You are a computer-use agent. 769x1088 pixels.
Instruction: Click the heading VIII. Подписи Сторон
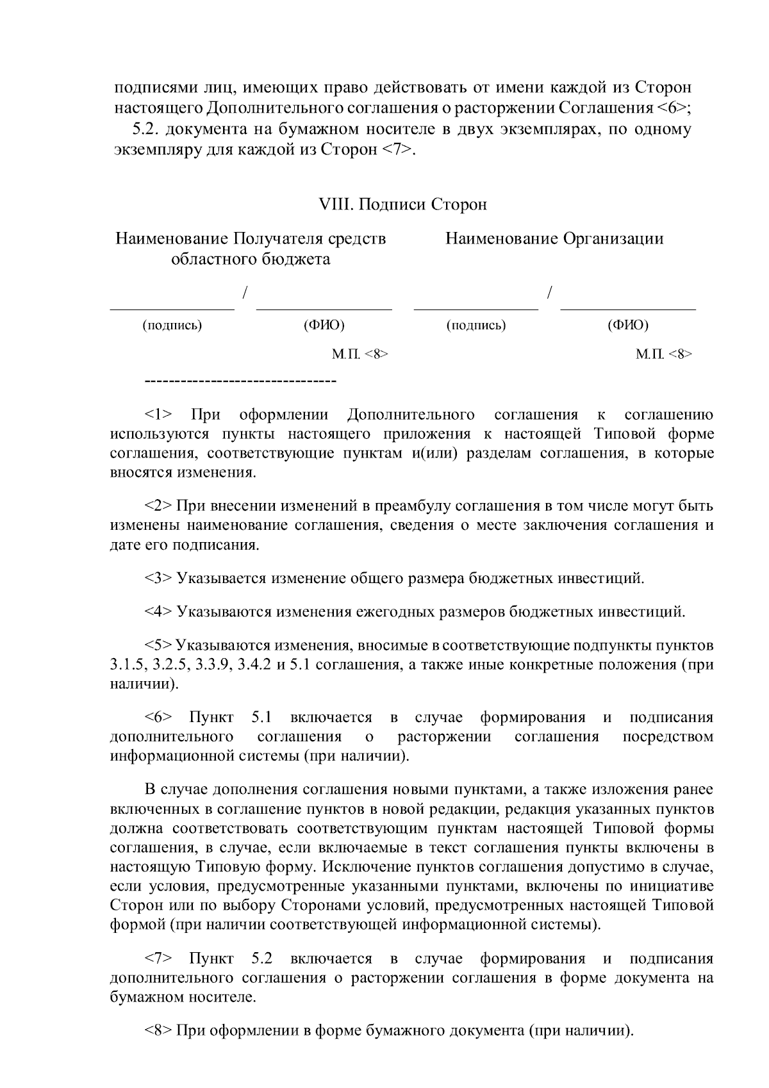(402, 205)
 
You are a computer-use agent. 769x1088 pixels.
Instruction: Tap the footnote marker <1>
(158, 415)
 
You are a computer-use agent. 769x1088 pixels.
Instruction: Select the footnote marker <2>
(158, 506)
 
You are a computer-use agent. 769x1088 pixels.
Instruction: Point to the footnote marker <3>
(158, 579)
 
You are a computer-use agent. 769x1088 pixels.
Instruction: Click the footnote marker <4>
(158, 611)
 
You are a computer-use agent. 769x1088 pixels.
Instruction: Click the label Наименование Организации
(554, 239)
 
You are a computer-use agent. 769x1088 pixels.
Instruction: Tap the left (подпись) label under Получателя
(172, 326)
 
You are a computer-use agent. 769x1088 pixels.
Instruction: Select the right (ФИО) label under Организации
(628, 326)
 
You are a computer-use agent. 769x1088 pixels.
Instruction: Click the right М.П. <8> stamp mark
(664, 354)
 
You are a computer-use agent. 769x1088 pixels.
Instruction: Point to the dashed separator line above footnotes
(241, 383)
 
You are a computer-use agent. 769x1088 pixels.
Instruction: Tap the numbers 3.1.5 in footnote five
(127, 664)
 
